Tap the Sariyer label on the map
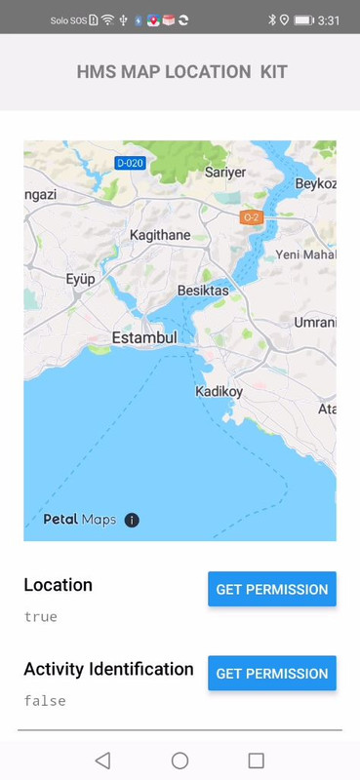point(225,173)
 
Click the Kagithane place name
point(160,237)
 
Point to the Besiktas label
point(203,291)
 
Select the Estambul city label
point(144,337)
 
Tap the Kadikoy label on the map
point(219,391)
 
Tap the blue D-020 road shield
point(130,163)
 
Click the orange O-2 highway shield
point(252,217)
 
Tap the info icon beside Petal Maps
point(132,520)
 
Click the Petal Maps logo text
point(79,520)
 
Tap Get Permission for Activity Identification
point(271,674)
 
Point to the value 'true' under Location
point(41,616)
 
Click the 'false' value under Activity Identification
point(45,701)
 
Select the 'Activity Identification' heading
point(108,669)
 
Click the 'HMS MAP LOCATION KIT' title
point(181,72)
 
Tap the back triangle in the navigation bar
point(102,760)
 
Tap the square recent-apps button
point(257,760)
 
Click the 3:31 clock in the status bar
point(329,19)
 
